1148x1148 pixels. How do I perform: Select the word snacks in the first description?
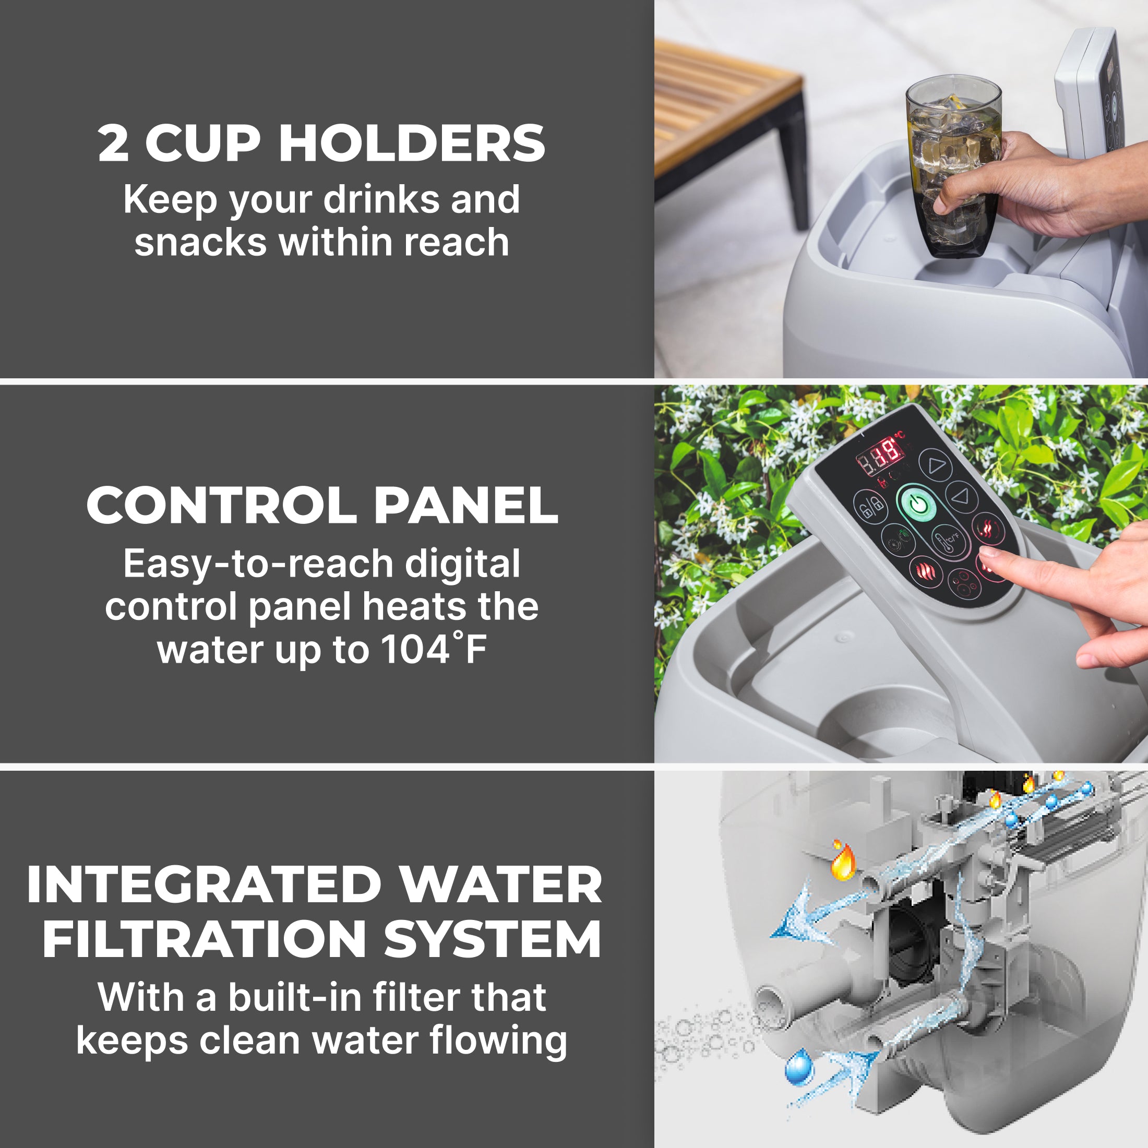coord(200,243)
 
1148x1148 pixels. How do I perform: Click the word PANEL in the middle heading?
coord(466,506)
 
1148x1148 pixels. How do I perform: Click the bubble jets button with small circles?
coord(963,582)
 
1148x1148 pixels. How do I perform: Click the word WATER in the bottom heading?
coord(500,885)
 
